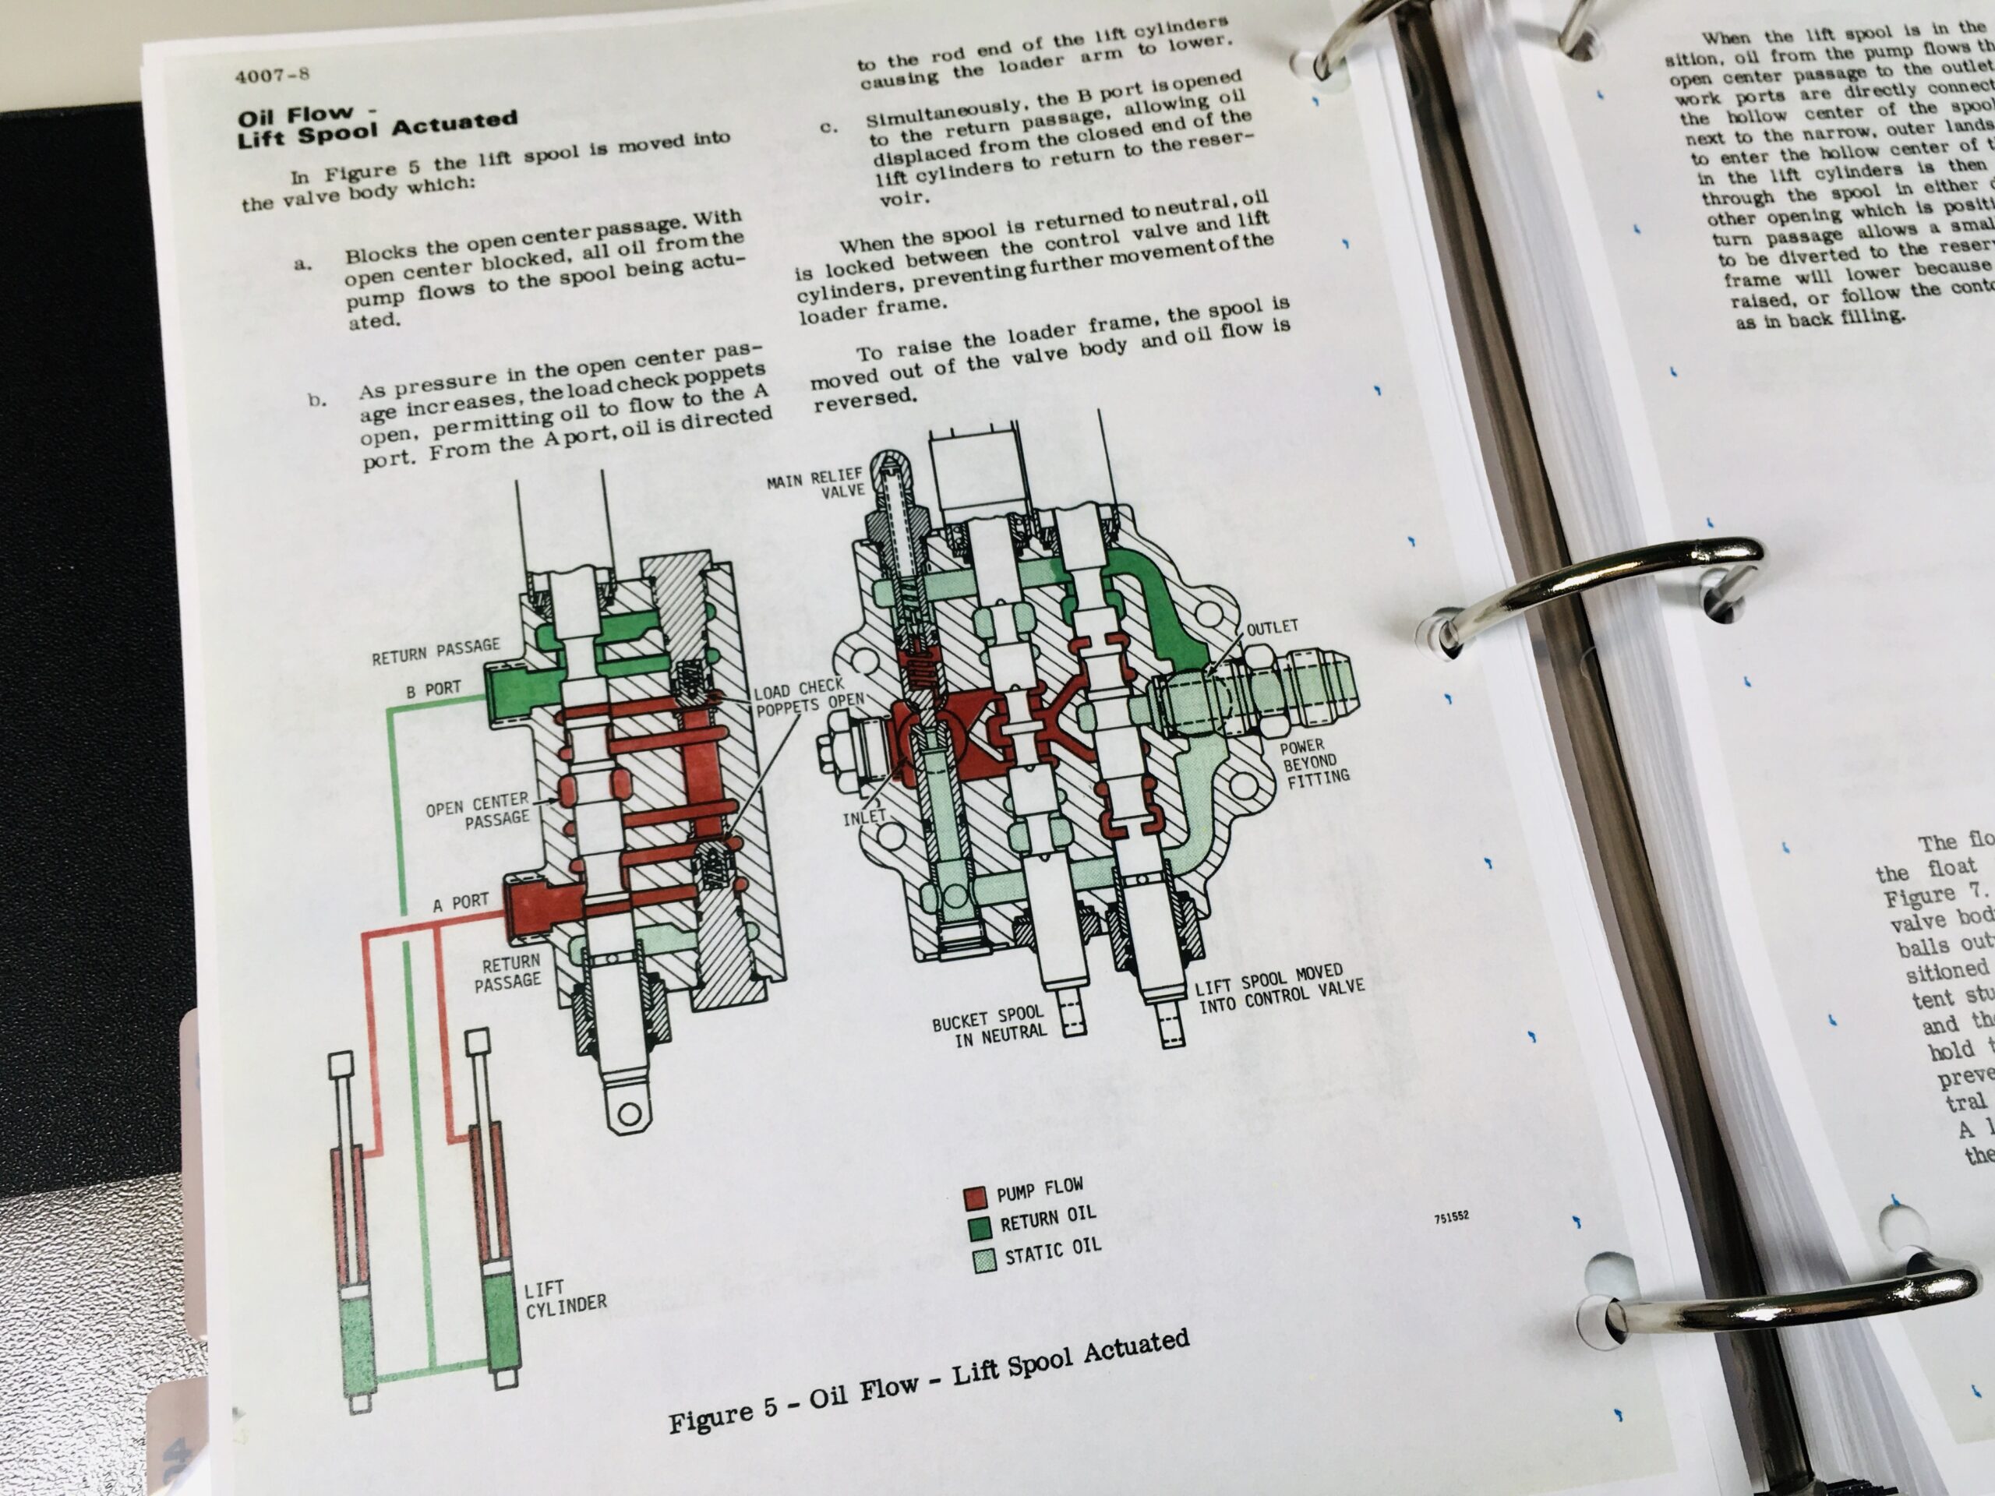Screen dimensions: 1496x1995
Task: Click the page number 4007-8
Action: click(x=271, y=75)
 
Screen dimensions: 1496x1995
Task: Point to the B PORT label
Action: click(x=433, y=690)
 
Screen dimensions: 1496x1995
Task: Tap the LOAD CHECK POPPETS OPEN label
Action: click(x=808, y=699)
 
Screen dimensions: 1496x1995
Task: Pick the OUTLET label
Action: click(x=1272, y=626)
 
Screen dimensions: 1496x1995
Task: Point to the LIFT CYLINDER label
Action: click(x=564, y=1299)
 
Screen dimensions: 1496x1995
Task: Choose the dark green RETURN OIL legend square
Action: click(x=979, y=1229)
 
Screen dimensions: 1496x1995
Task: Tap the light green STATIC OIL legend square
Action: click(x=983, y=1261)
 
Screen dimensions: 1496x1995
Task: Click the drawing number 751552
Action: click(x=1451, y=1216)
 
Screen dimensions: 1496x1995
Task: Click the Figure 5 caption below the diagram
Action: click(x=929, y=1378)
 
